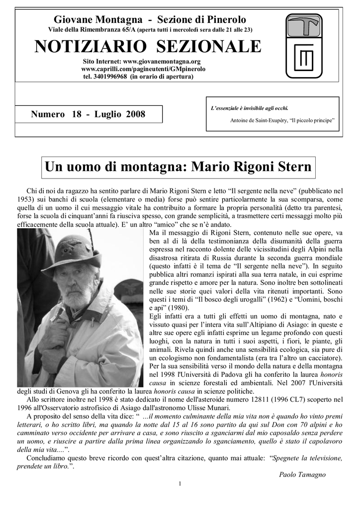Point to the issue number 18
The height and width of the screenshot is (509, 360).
tap(76, 114)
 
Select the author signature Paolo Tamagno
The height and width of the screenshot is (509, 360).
tap(302, 475)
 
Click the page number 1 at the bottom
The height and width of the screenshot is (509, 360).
tap(180, 484)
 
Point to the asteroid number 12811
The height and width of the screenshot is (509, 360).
tap(265, 399)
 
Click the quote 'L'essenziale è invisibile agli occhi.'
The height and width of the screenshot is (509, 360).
tap(250, 108)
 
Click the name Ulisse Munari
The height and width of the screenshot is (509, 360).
tap(210, 408)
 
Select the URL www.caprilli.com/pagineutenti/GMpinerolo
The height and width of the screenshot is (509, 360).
tap(143, 69)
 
